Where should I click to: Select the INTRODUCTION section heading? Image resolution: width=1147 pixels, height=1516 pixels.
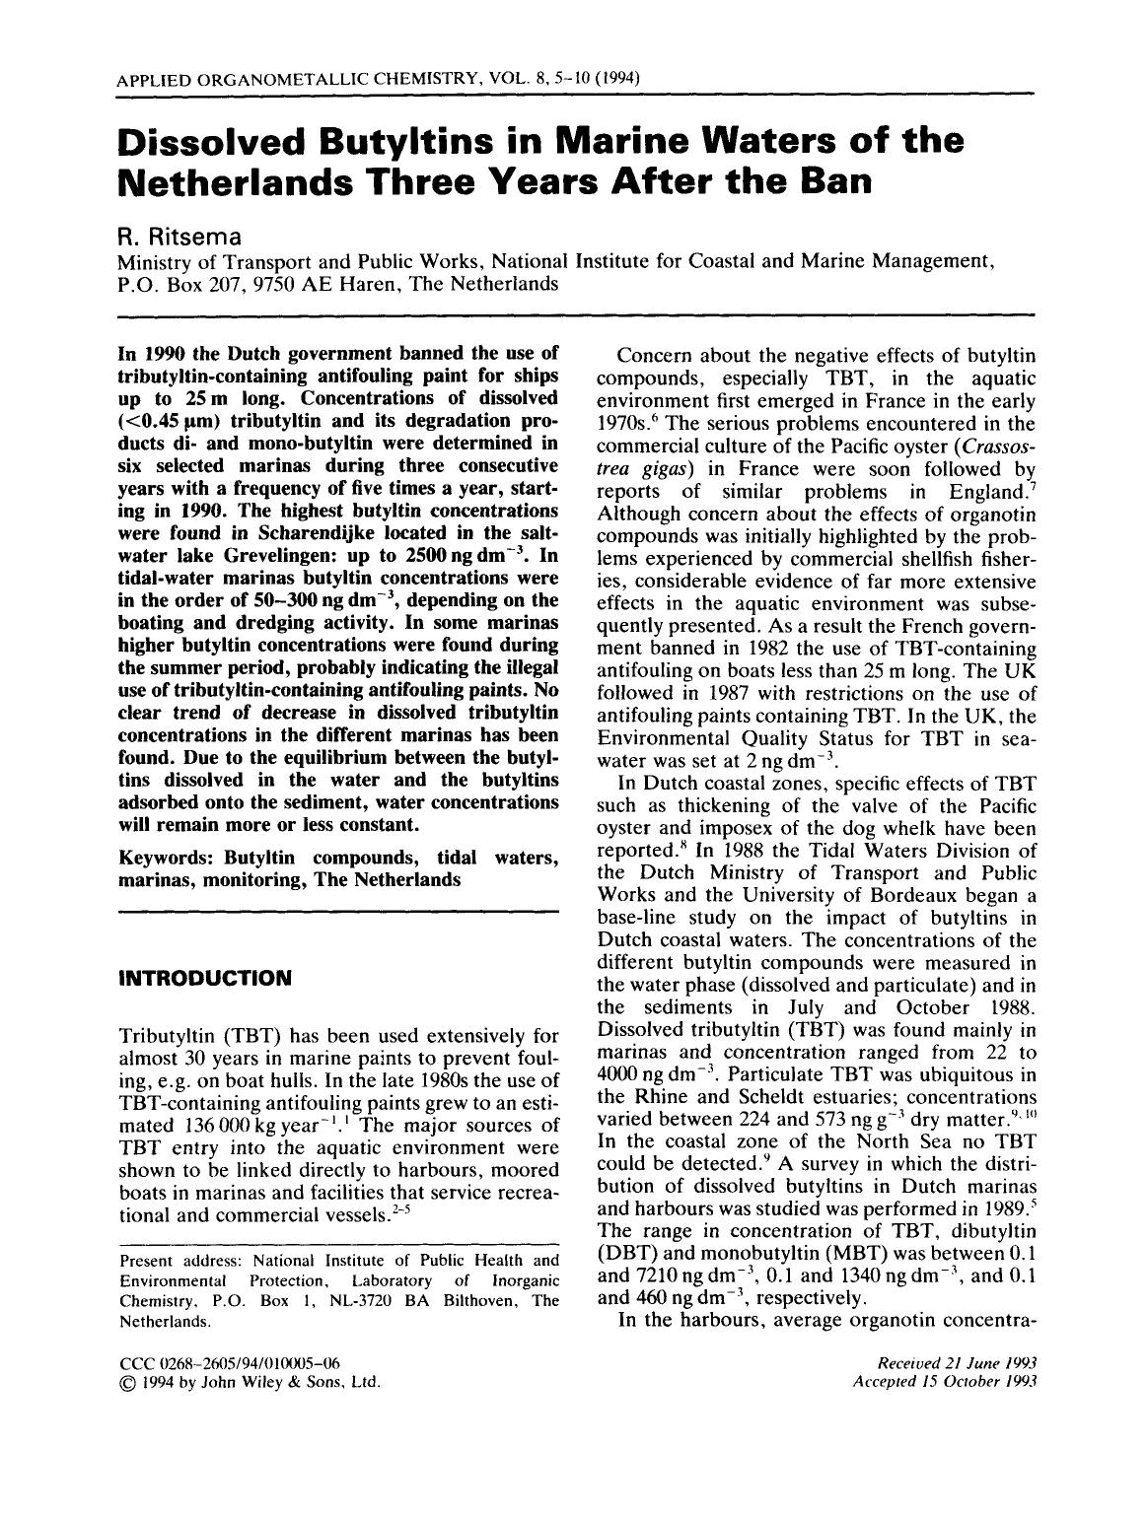point(204,979)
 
